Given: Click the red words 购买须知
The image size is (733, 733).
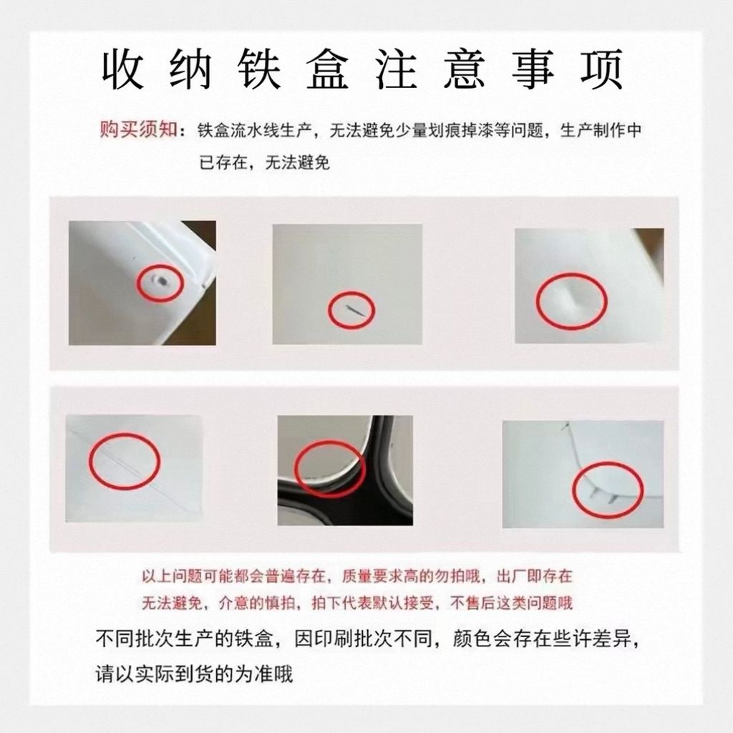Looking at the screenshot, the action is [138, 129].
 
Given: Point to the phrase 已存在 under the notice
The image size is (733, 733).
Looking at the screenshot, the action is [223, 162].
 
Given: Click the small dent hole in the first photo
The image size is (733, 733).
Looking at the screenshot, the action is [162, 281].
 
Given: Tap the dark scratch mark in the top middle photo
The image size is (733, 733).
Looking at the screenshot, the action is [354, 309].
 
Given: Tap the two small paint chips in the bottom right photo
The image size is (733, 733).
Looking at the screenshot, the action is [603, 495].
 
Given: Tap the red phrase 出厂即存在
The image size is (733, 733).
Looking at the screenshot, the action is [534, 576].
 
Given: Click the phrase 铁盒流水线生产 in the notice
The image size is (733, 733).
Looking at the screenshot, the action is [254, 130].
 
